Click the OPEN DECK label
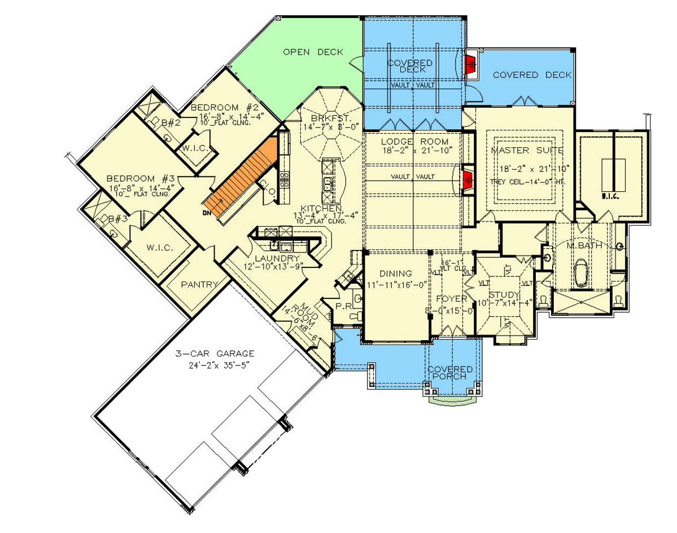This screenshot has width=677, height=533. click(313, 52)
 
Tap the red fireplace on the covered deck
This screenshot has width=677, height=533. click(469, 65)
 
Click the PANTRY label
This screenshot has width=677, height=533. click(199, 285)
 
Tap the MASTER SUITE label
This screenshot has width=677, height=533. click(527, 151)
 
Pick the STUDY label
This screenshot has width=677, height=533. click(504, 295)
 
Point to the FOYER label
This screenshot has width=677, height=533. click(451, 298)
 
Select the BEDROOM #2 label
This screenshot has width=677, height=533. click(224, 108)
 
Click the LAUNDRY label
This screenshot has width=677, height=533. click(277, 258)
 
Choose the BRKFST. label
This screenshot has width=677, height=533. click(327, 118)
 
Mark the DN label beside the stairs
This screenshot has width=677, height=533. click(207, 213)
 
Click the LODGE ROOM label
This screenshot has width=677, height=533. click(414, 142)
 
